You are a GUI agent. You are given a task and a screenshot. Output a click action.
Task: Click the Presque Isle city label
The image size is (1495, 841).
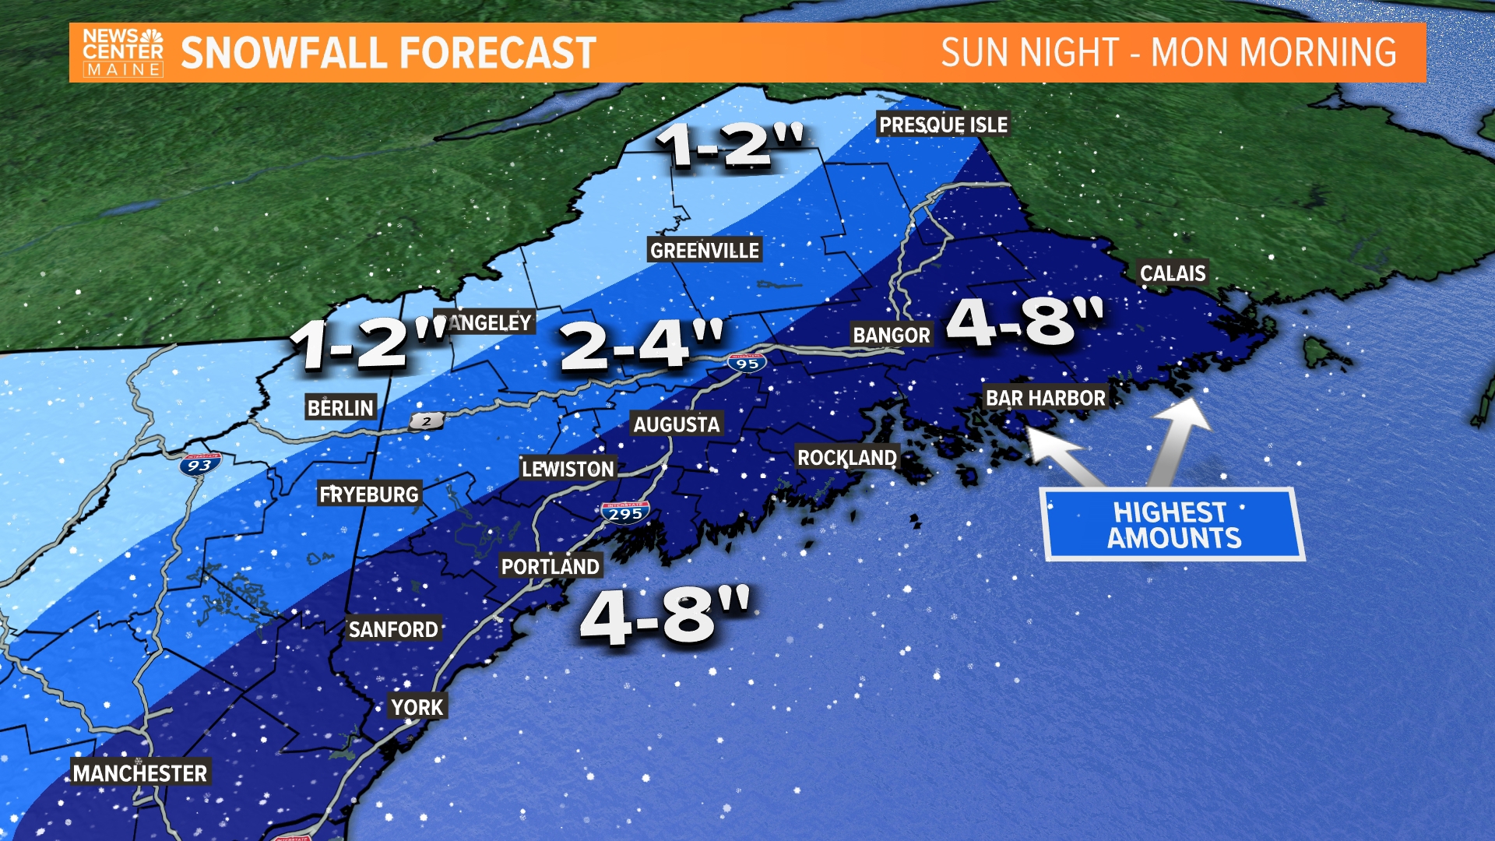click(943, 125)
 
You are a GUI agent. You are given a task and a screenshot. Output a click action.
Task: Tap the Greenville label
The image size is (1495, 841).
click(704, 250)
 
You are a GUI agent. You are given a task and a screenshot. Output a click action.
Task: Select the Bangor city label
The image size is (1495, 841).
click(892, 335)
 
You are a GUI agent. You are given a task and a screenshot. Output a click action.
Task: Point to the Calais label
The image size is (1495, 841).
click(1173, 273)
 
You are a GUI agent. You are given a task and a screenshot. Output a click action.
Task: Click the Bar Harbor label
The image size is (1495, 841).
click(1045, 398)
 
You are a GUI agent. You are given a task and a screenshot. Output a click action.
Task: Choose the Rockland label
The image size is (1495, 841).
click(847, 457)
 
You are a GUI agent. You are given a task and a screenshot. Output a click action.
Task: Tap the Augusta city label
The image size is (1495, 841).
click(676, 424)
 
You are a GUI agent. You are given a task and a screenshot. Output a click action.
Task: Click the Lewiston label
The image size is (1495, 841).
click(568, 469)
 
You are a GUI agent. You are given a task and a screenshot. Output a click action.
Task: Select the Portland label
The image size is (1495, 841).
click(550, 566)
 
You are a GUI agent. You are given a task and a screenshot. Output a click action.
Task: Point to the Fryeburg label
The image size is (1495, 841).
click(369, 494)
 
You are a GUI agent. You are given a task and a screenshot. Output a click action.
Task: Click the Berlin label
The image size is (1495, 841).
click(340, 407)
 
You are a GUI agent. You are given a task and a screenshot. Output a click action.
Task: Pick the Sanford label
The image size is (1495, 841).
click(393, 629)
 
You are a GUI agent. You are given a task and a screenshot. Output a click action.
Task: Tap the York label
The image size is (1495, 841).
click(417, 707)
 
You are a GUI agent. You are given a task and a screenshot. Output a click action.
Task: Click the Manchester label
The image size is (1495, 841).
click(140, 773)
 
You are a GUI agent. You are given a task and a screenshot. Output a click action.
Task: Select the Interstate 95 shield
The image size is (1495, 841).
click(747, 363)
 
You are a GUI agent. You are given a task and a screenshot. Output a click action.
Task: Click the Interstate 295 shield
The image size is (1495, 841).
click(625, 512)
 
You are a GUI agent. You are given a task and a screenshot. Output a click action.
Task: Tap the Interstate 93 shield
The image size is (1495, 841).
click(199, 465)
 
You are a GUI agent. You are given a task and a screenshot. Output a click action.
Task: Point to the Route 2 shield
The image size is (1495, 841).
click(426, 421)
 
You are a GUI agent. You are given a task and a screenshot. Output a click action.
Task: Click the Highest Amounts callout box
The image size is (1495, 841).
click(1173, 525)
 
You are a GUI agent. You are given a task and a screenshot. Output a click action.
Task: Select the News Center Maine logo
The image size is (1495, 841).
click(123, 53)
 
